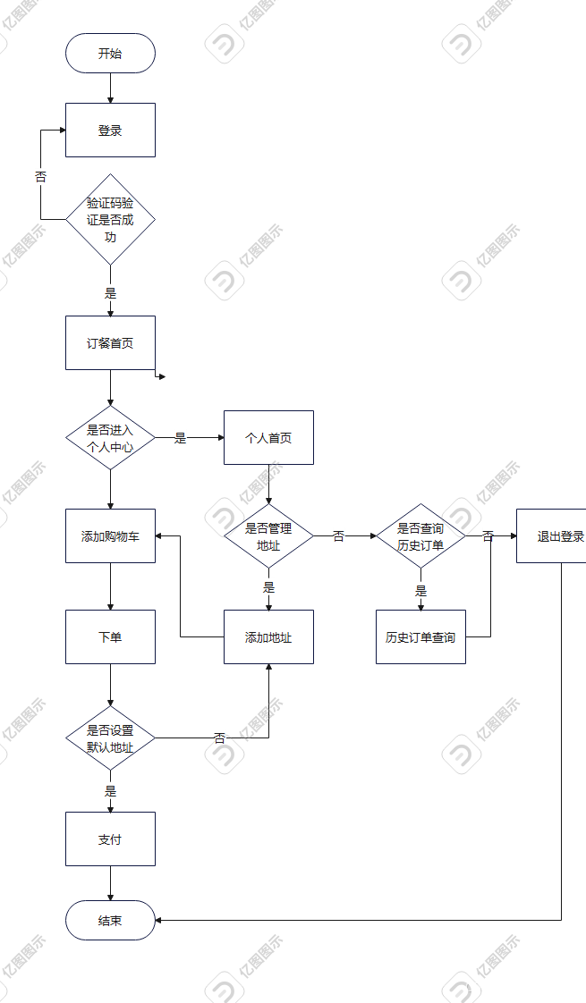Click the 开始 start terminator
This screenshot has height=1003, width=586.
(110, 54)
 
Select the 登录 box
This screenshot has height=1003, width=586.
(110, 131)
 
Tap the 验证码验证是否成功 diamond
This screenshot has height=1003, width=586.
(110, 219)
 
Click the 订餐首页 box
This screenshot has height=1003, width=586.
(110, 342)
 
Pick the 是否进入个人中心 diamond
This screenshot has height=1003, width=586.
(110, 438)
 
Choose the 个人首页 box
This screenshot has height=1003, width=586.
(268, 438)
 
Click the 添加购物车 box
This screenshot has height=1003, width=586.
(110, 536)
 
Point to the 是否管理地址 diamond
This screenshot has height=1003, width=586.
(268, 536)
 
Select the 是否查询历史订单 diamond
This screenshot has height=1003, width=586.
(420, 536)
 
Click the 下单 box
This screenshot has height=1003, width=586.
(110, 637)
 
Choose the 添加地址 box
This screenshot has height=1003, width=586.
(268, 637)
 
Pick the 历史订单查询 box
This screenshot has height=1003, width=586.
(420, 637)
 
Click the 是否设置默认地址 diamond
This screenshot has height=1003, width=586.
(110, 738)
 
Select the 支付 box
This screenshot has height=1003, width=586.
(110, 839)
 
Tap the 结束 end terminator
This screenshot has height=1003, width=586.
(110, 921)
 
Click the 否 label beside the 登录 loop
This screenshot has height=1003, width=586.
(40, 177)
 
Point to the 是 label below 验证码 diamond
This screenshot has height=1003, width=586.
(110, 292)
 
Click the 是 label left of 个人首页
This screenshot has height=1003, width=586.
(180, 438)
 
